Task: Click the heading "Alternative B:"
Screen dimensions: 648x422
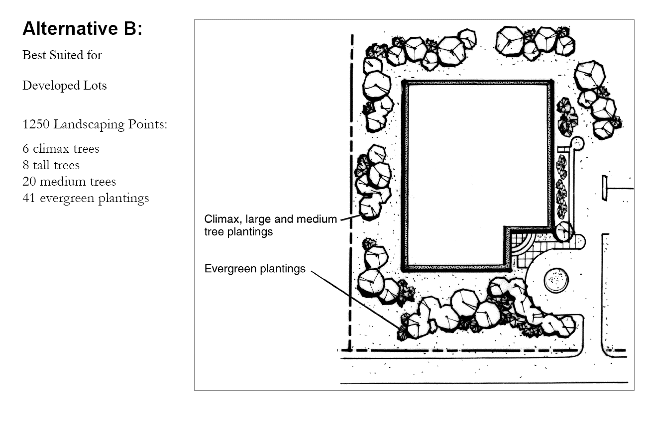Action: coord(83,28)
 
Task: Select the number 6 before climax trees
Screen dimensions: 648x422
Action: coord(26,149)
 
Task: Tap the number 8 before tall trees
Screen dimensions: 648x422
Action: coord(26,165)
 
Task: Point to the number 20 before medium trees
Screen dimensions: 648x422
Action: coord(29,182)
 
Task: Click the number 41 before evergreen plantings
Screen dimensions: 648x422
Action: coord(29,198)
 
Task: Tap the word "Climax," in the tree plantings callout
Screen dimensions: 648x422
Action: coord(223,219)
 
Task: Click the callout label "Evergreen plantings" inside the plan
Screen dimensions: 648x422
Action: coord(255,269)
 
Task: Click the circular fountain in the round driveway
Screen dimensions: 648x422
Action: coord(556,280)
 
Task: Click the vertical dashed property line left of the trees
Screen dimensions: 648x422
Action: coord(351,193)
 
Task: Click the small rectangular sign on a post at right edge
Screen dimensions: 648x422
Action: coord(605,188)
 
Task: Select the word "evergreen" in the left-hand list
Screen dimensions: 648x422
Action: coord(67,199)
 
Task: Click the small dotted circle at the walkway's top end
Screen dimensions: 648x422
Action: coord(577,143)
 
